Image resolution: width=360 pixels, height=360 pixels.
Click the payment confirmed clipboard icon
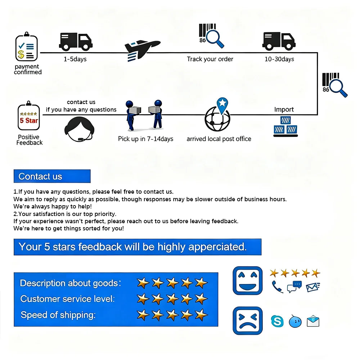pos(26,48)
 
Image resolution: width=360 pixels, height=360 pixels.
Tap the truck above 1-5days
pos(75,41)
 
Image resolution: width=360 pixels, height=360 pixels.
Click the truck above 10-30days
pos(278,41)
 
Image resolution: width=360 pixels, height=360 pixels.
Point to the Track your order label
pos(210,59)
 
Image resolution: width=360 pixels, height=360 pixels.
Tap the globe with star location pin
pos(217,116)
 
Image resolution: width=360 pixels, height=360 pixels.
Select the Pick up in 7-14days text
pos(145,139)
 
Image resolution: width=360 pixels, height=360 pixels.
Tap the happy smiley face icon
pos(247,281)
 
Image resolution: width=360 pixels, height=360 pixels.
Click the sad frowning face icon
pos(247,320)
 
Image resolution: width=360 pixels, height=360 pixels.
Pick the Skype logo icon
pos(277,321)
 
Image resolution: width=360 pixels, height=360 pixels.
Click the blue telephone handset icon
pos(277,287)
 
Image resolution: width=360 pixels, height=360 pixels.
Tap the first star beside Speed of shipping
pos(143,315)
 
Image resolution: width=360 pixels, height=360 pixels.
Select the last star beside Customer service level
pos(201,299)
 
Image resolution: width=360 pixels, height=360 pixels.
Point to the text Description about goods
pos(70,283)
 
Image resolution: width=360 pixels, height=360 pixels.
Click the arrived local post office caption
pos(219,139)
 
